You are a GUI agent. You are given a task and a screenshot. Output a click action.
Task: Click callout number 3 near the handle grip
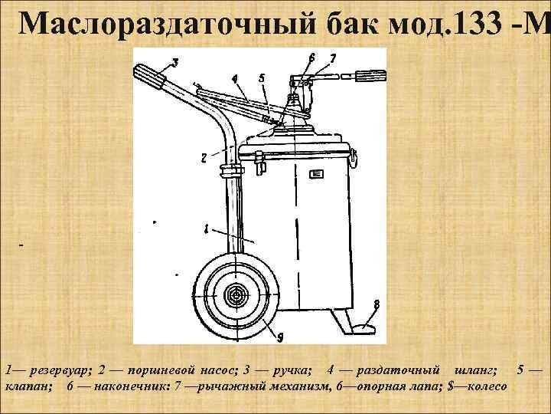tap(174, 63)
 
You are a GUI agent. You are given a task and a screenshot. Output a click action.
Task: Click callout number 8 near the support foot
tap(377, 304)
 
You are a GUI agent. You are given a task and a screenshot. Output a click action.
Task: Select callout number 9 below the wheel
tap(280, 337)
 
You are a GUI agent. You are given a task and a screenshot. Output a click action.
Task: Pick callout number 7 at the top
tap(333, 58)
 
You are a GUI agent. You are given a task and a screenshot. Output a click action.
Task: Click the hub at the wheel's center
tap(236, 295)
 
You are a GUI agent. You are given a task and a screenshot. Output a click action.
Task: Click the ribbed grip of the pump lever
tap(370, 75)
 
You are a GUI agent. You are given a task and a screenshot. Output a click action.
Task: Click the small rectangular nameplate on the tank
tap(316, 174)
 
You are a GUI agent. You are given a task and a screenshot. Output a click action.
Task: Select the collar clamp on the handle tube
tap(231, 170)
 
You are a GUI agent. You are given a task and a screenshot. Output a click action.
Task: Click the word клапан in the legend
tap(29, 386)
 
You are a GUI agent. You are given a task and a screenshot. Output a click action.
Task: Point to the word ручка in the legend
tap(292, 370)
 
